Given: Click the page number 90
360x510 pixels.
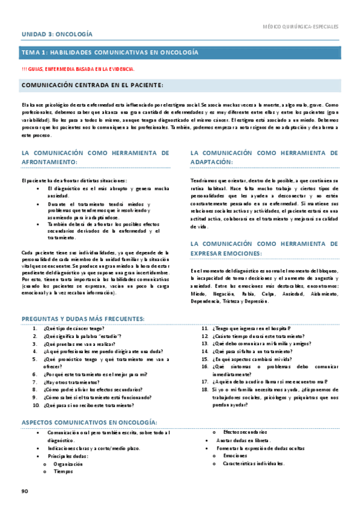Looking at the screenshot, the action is (x=25, y=491).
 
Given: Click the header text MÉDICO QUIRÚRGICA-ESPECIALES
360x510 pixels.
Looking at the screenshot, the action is (x=301, y=27).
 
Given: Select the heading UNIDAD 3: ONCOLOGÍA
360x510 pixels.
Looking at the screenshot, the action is (x=57, y=35).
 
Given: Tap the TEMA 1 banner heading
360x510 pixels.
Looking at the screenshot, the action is (x=110, y=53).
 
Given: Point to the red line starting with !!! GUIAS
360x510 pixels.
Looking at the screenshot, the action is (x=78, y=69).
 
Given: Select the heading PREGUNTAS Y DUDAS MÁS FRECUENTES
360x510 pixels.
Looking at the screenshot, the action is (x=83, y=318).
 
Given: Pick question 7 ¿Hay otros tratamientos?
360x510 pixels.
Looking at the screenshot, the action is (x=70, y=382).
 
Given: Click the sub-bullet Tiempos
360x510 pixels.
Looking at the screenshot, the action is (x=63, y=472).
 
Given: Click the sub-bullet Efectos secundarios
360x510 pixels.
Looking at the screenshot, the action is (x=245, y=433).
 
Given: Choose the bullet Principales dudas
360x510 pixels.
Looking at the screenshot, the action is (x=67, y=456).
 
